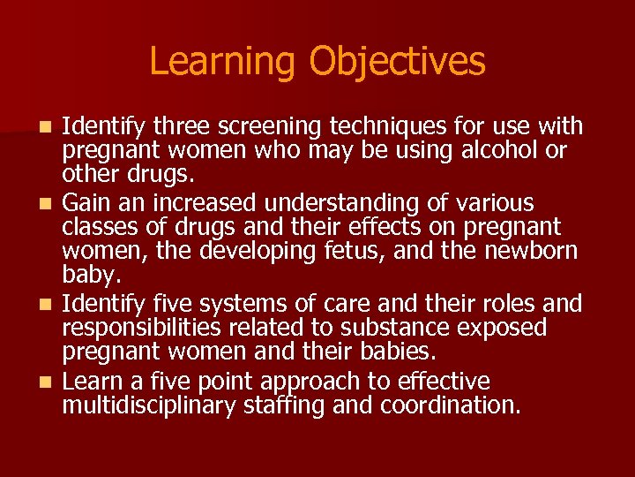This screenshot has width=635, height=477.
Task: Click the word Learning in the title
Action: (x=223, y=62)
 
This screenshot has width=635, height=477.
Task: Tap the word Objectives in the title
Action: (x=397, y=62)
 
